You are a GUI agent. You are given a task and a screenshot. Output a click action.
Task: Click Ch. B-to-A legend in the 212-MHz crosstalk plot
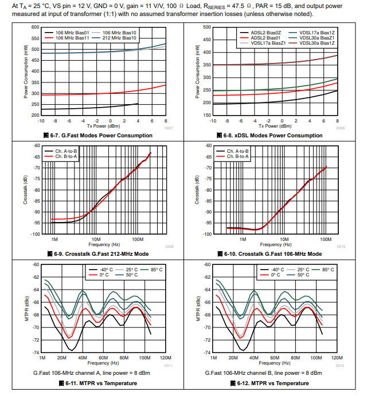(x=67, y=156)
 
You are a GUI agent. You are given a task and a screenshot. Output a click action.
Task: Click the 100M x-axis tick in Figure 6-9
(x=137, y=238)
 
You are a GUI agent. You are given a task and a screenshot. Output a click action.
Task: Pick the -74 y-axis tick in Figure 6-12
(x=208, y=353)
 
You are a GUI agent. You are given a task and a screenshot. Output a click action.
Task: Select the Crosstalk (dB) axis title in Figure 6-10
(x=197, y=190)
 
